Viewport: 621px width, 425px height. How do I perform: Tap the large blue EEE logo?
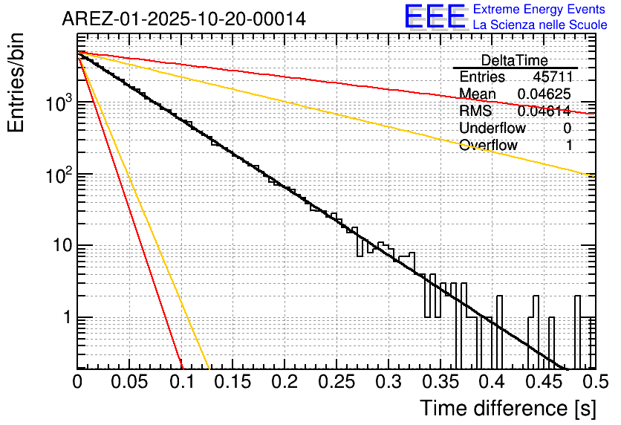pyautogui.click(x=435, y=16)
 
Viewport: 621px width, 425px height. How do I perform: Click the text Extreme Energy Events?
pyautogui.click(x=540, y=10)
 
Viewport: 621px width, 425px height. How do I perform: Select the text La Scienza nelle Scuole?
pyautogui.click(x=540, y=25)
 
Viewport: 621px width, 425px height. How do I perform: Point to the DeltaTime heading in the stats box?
pyautogui.click(x=515, y=60)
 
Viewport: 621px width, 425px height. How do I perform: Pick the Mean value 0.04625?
pyautogui.click(x=544, y=94)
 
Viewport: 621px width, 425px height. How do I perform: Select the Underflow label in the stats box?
pyautogui.click(x=492, y=129)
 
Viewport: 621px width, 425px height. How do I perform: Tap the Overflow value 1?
pyautogui.click(x=569, y=146)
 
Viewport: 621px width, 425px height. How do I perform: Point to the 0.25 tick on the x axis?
pyautogui.click(x=336, y=382)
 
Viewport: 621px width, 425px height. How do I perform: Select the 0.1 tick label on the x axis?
pyautogui.click(x=181, y=382)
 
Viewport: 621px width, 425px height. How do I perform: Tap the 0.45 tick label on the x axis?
pyautogui.click(x=544, y=382)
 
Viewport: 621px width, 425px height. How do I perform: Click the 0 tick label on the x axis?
pyautogui.click(x=77, y=382)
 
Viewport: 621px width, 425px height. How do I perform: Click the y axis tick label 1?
pyautogui.click(x=63, y=317)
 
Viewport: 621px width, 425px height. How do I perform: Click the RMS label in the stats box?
pyautogui.click(x=475, y=111)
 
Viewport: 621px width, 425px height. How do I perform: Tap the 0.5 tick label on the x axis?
pyautogui.click(x=594, y=382)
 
